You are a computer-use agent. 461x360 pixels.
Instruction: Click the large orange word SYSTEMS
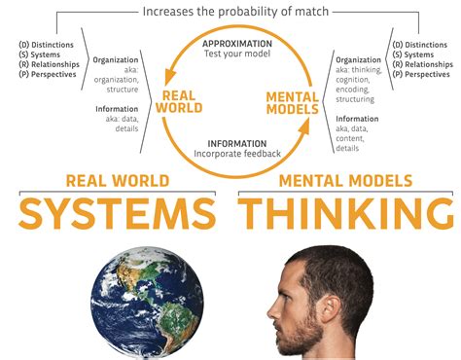click(117, 212)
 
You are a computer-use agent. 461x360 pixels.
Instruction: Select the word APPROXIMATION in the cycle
click(236, 44)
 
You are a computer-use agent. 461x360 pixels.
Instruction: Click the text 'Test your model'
click(236, 55)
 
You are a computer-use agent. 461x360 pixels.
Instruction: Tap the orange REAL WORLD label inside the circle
click(182, 101)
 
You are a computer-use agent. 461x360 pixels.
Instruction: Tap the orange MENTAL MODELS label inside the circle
click(293, 101)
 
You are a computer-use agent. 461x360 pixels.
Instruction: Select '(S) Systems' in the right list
click(414, 54)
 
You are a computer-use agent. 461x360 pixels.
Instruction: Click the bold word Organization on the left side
click(116, 60)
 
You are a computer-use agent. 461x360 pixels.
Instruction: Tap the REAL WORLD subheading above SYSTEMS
click(117, 181)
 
